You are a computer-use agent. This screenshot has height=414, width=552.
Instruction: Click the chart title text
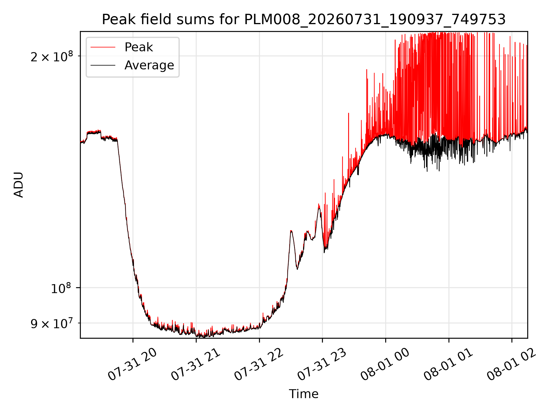pyautogui.click(x=304, y=20)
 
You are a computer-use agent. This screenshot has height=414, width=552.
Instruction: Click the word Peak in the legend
pyautogui.click(x=139, y=47)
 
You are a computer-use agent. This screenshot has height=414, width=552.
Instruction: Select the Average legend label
pyautogui.click(x=149, y=65)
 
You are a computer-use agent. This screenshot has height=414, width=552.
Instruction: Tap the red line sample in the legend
pyautogui.click(x=103, y=47)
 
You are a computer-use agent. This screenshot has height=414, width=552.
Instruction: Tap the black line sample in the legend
pyautogui.click(x=103, y=65)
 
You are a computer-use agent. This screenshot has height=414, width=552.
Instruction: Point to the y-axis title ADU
pyautogui.click(x=19, y=185)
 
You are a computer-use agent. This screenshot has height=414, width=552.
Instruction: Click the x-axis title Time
pyautogui.click(x=304, y=394)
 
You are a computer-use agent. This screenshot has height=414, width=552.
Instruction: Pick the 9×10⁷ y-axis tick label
pyautogui.click(x=52, y=323)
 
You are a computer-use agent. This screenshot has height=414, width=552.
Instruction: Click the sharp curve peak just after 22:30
pyautogui.click(x=291, y=231)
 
